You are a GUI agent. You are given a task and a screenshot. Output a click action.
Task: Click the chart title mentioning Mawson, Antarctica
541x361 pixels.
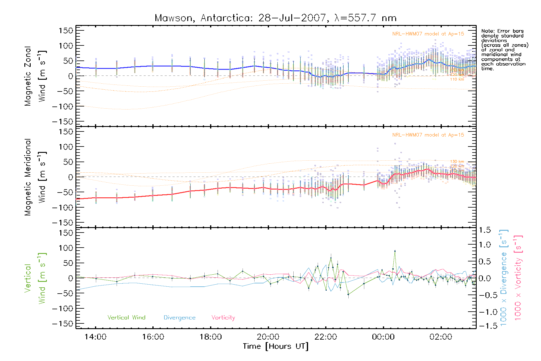(x=275, y=18)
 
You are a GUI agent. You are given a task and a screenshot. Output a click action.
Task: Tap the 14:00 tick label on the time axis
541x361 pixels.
(x=95, y=337)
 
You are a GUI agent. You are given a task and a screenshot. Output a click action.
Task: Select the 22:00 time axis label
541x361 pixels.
(x=326, y=337)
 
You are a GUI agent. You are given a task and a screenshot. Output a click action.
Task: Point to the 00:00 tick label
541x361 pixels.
(x=383, y=337)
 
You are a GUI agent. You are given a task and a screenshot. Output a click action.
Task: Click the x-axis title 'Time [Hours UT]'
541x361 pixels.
(x=276, y=346)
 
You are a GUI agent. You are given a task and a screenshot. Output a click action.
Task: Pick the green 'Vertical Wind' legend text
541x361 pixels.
(x=126, y=318)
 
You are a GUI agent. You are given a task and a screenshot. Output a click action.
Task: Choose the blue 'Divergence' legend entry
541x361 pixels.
(x=179, y=318)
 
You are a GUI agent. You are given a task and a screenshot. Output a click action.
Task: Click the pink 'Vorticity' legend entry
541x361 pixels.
(x=223, y=318)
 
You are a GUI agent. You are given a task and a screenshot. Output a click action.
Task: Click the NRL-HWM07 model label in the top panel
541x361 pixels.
(x=428, y=34)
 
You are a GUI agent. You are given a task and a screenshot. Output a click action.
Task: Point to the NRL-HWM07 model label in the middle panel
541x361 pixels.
(x=428, y=135)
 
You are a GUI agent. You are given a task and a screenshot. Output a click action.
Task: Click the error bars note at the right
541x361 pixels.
(x=504, y=50)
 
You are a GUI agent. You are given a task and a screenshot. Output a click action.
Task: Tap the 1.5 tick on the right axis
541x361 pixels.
(x=485, y=230)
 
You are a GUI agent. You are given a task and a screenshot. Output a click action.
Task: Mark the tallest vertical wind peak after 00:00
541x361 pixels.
(x=395, y=251)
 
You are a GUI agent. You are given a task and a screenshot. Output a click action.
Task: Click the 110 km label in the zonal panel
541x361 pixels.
(x=457, y=79)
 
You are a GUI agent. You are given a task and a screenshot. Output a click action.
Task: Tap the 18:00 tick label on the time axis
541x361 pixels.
(x=210, y=337)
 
